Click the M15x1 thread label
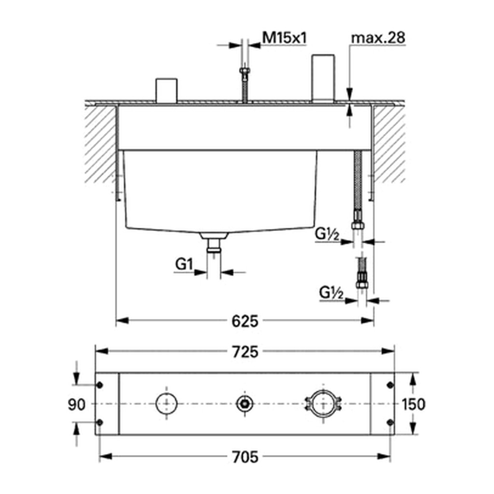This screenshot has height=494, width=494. pos(285,38)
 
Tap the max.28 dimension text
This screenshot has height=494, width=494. pos(378,38)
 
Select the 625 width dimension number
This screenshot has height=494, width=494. pos(245,321)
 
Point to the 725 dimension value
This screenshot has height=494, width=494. pos(245,352)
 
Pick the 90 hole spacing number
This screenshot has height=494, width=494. pos(77,405)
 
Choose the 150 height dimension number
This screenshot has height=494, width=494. pos(413,405)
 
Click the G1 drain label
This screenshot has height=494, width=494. pos(184,264)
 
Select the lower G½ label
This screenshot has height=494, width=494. pos(331,293)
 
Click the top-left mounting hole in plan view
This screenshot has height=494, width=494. pos(99,385)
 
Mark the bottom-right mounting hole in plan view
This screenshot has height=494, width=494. pos(390,422)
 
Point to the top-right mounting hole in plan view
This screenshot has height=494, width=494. pos(390,385)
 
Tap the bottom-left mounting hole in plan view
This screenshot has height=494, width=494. pos(99,422)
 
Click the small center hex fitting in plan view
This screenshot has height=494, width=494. pos(245,404)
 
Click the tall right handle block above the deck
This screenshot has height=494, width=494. pos(323,79)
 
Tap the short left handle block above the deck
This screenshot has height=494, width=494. pos(166,90)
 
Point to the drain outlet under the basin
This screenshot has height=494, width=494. pos(214,242)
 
